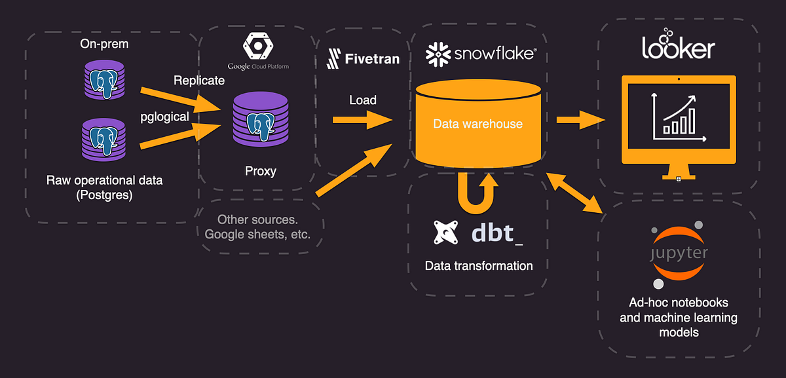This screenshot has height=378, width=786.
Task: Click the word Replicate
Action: point(199,81)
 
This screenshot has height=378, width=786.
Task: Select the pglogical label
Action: point(165,117)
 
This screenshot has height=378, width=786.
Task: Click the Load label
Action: point(362,100)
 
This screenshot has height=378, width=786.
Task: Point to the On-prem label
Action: point(104,44)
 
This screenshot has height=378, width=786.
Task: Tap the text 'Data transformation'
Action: point(478,266)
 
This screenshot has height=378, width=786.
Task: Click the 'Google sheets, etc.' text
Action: point(257,234)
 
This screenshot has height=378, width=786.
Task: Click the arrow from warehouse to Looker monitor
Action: point(580,120)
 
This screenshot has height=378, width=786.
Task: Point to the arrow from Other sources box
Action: point(354,172)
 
